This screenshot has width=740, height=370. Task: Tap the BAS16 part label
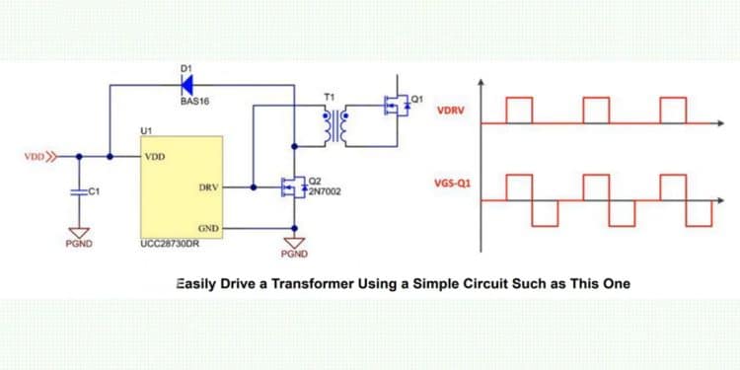coord(193,101)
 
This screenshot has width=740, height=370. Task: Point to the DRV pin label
coord(207,185)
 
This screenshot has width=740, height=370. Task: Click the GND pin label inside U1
coord(208,227)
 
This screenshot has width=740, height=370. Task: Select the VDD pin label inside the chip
coord(155,156)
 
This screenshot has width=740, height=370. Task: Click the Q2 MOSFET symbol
coord(293,185)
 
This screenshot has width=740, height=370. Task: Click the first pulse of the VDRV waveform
coord(519,110)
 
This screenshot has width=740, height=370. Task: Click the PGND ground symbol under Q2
coord(294,242)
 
